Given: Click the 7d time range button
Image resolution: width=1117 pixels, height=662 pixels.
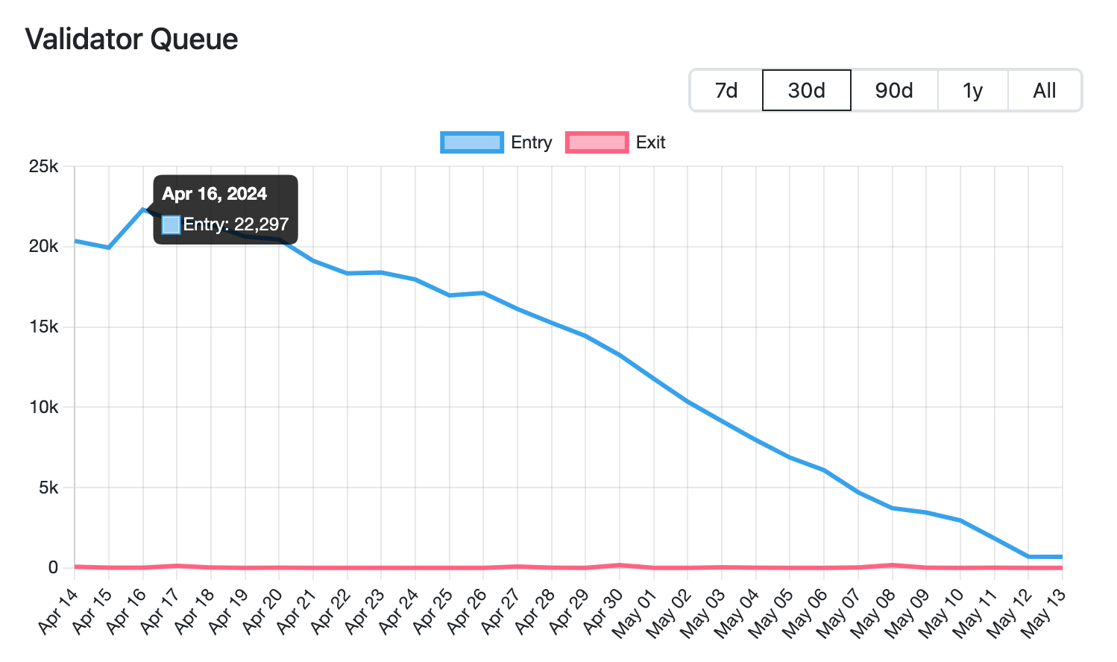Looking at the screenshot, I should pyautogui.click(x=726, y=90).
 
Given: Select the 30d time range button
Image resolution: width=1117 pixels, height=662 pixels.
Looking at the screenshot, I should pyautogui.click(x=806, y=90).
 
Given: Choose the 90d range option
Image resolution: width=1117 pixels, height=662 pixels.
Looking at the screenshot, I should pyautogui.click(x=894, y=90).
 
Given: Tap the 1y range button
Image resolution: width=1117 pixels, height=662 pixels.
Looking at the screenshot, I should pyautogui.click(x=972, y=90).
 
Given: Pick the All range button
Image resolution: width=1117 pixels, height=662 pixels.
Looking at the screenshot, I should pyautogui.click(x=1044, y=90).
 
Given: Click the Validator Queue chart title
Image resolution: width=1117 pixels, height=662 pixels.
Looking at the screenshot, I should pyautogui.click(x=132, y=39).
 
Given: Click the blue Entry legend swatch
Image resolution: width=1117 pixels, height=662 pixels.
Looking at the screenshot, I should pyautogui.click(x=471, y=142).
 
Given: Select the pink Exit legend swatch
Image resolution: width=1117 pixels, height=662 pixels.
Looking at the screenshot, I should pyautogui.click(x=597, y=142).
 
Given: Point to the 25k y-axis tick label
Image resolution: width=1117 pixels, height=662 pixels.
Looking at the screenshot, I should pyautogui.click(x=43, y=166).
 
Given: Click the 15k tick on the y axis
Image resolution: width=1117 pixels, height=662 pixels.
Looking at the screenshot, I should pyautogui.click(x=43, y=327).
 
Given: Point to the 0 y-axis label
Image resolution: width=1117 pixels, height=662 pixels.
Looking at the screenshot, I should pyautogui.click(x=53, y=567).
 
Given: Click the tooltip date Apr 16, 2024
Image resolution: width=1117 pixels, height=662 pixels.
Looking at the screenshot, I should pyautogui.click(x=214, y=194).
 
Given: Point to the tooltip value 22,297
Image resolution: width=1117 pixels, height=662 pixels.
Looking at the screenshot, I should pyautogui.click(x=261, y=224).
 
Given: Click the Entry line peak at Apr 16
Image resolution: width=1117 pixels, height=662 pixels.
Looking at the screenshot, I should pyautogui.click(x=143, y=209).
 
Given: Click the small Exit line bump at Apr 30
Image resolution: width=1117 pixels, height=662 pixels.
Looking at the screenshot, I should pyautogui.click(x=620, y=565).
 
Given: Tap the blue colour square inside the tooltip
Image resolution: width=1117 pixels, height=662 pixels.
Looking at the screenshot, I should pyautogui.click(x=171, y=224).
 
